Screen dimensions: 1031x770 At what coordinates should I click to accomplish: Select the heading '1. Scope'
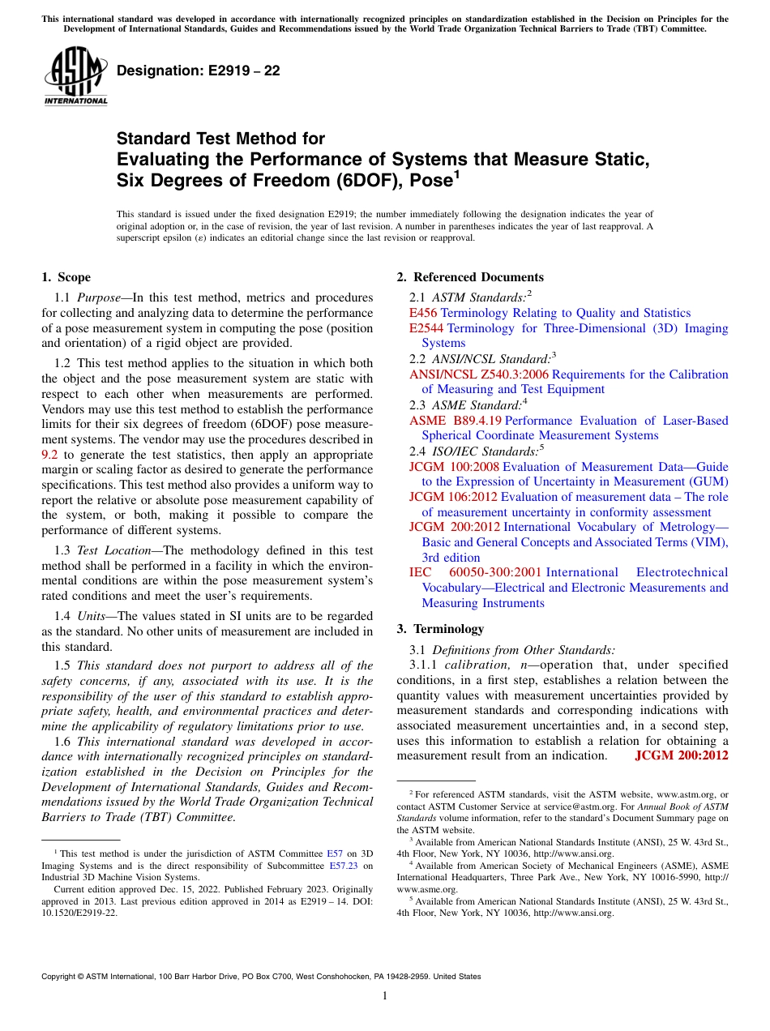pyautogui.click(x=66, y=277)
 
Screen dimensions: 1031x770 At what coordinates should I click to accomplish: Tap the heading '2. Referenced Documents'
pyautogui.click(x=470, y=277)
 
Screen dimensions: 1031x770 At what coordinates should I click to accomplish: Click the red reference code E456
pyautogui.click(x=423, y=313)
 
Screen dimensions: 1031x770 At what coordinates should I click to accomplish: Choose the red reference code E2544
pyautogui.click(x=426, y=328)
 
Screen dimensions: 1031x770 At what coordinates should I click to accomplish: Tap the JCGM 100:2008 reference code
pyautogui.click(x=454, y=467)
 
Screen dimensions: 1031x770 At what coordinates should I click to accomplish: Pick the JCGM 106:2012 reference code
pyautogui.click(x=454, y=497)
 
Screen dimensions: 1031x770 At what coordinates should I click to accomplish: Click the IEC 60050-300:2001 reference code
pyautogui.click(x=475, y=572)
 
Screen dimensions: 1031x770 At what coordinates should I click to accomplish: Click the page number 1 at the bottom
pyautogui.click(x=385, y=996)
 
